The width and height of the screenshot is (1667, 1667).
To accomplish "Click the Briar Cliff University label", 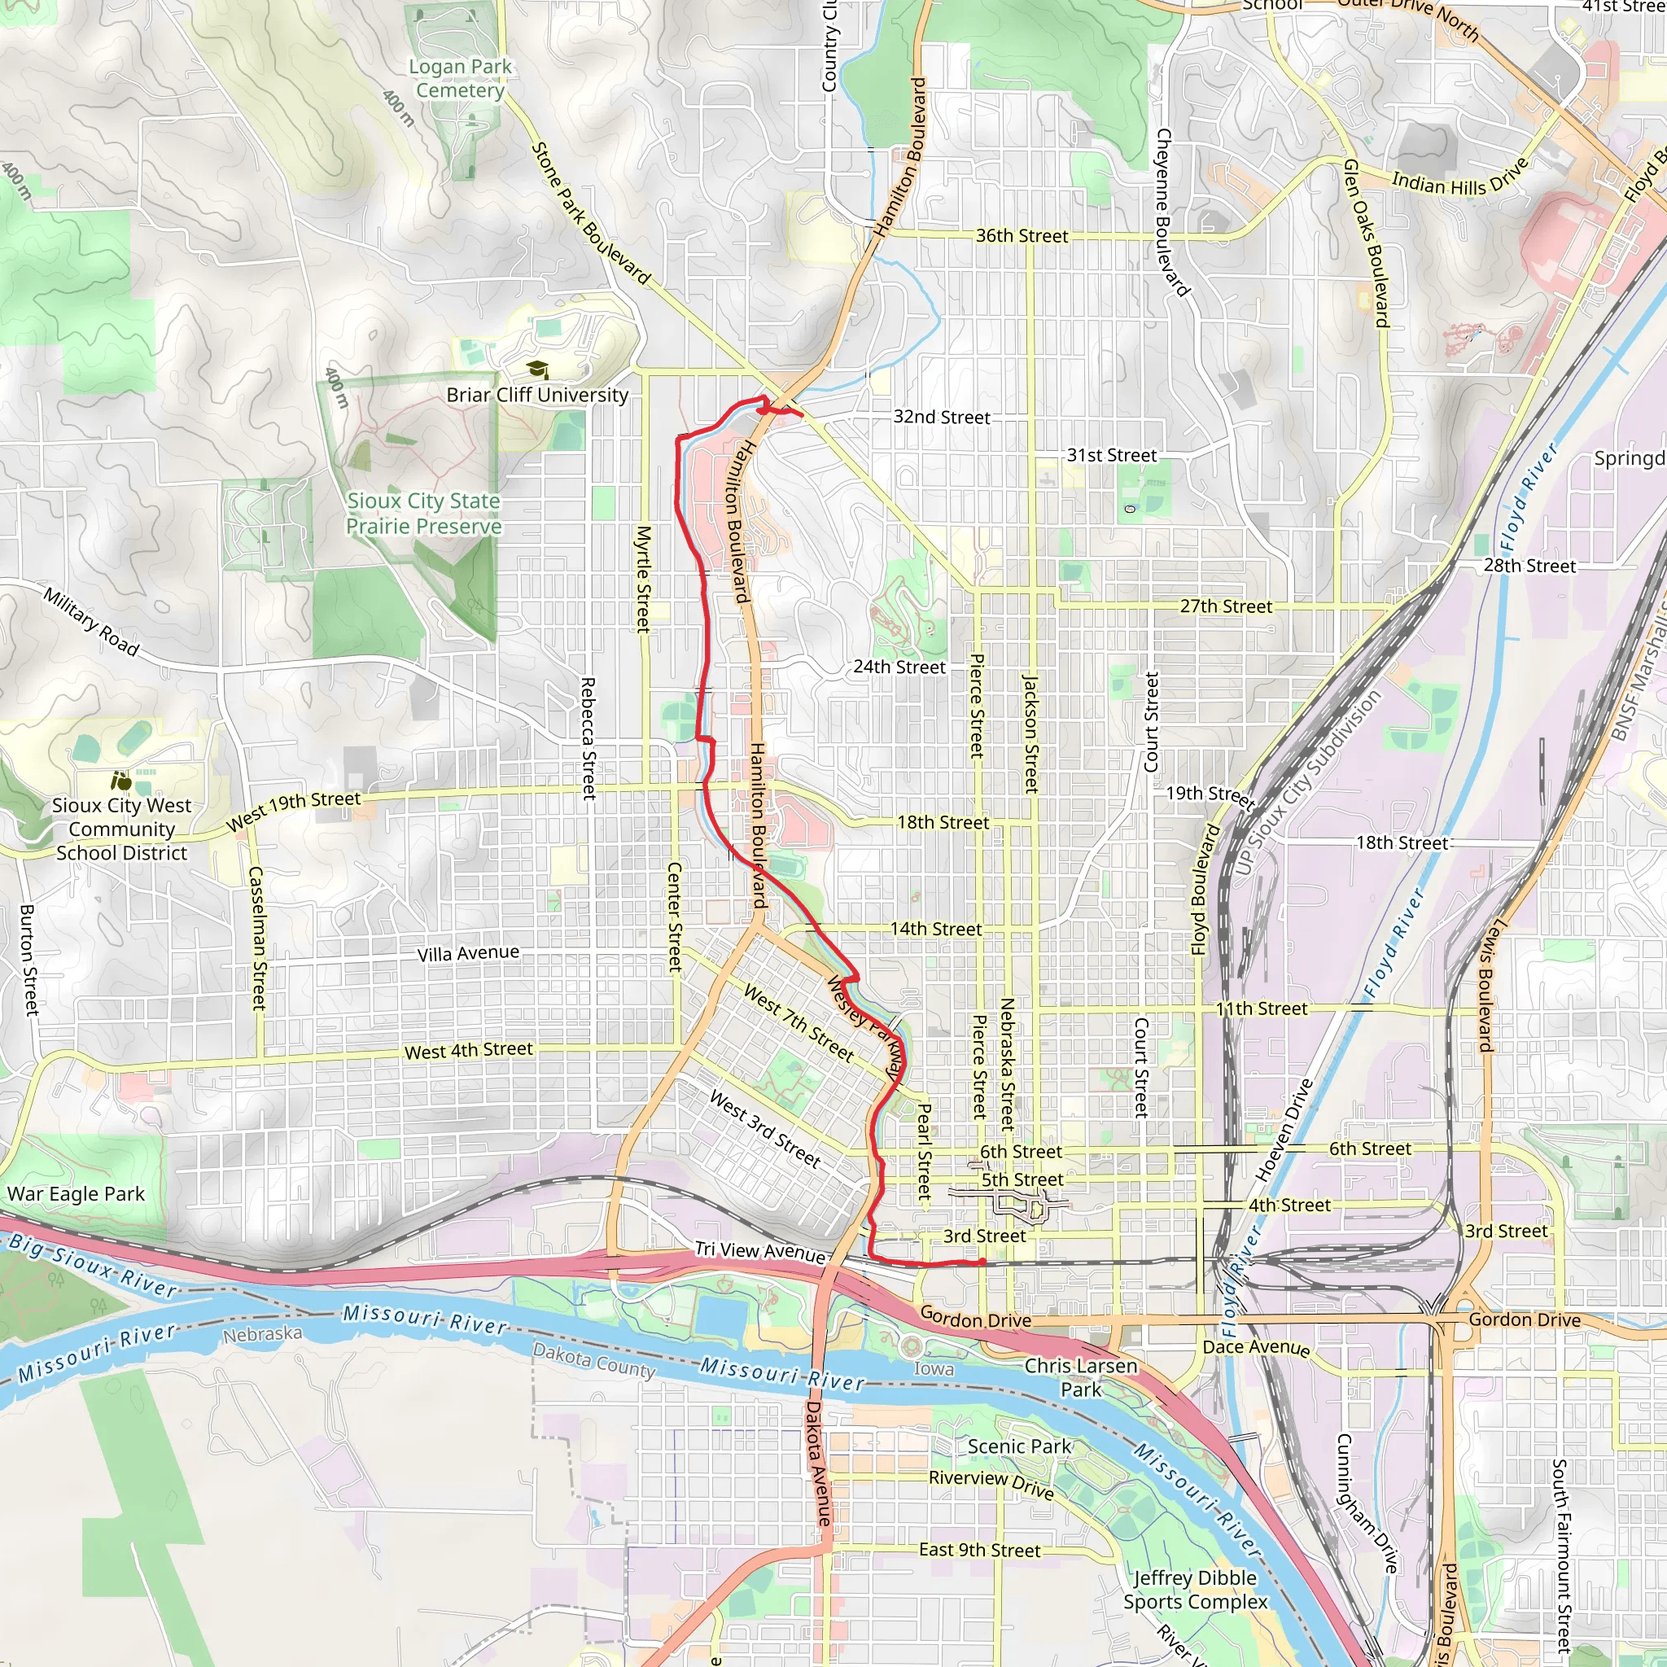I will (536, 395).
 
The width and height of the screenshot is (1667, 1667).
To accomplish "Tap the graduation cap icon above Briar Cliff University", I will (537, 370).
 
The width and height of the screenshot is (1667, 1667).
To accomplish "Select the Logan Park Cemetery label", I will (460, 78).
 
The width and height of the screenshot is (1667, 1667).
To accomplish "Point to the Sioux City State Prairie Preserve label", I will (423, 514).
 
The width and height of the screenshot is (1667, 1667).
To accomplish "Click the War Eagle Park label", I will (76, 1194).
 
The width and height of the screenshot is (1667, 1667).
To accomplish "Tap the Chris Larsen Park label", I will (1080, 1377).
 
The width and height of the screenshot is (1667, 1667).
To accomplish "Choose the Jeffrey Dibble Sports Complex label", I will (1195, 1590).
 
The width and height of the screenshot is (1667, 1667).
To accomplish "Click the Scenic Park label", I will (1019, 1446).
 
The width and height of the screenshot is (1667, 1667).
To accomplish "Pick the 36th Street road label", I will (1022, 235).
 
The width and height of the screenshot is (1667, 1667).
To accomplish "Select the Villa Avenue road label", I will (469, 952).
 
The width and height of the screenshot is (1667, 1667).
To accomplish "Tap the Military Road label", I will (91, 622).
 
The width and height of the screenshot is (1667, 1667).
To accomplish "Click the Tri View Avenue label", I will (760, 1252).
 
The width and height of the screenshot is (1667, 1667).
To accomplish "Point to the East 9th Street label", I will (979, 1551).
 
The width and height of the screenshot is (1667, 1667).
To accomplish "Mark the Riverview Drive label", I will (991, 1483).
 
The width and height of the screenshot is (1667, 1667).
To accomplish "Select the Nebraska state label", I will (262, 1334).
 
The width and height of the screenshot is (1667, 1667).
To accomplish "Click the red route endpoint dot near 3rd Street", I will (982, 1262).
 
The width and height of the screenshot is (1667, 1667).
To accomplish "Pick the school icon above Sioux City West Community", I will (120, 781).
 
